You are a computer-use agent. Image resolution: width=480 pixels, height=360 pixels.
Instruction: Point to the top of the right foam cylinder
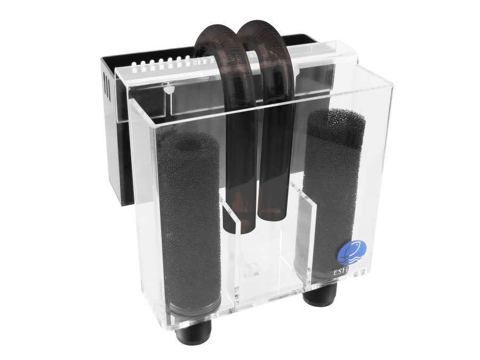click(x=336, y=120)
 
